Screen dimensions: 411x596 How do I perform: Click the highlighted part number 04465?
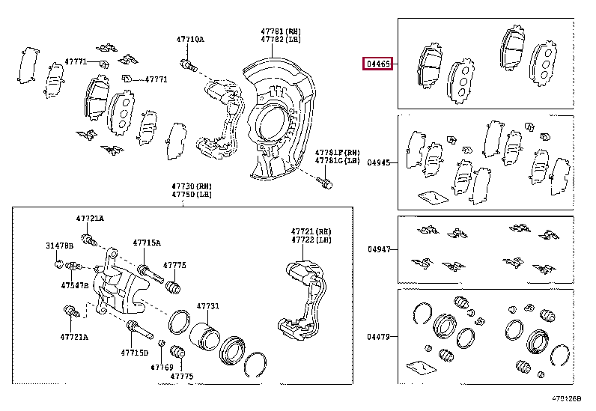point(377,64)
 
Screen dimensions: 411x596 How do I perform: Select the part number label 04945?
point(379,162)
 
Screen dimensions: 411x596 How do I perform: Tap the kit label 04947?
point(379,250)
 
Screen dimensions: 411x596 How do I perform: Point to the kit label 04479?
point(379,337)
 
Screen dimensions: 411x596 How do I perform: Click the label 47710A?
point(189,39)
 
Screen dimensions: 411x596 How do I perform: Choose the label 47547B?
point(75,286)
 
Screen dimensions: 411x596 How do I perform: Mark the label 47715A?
point(147,243)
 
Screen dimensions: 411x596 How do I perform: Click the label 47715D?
point(135,352)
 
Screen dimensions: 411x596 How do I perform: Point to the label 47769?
point(162,367)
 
